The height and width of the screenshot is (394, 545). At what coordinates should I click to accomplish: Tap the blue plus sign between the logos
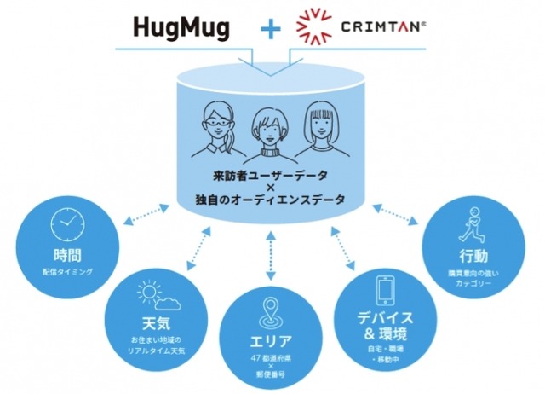pos(270,27)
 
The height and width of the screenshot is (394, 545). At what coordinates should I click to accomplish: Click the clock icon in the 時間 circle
pos(68,224)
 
